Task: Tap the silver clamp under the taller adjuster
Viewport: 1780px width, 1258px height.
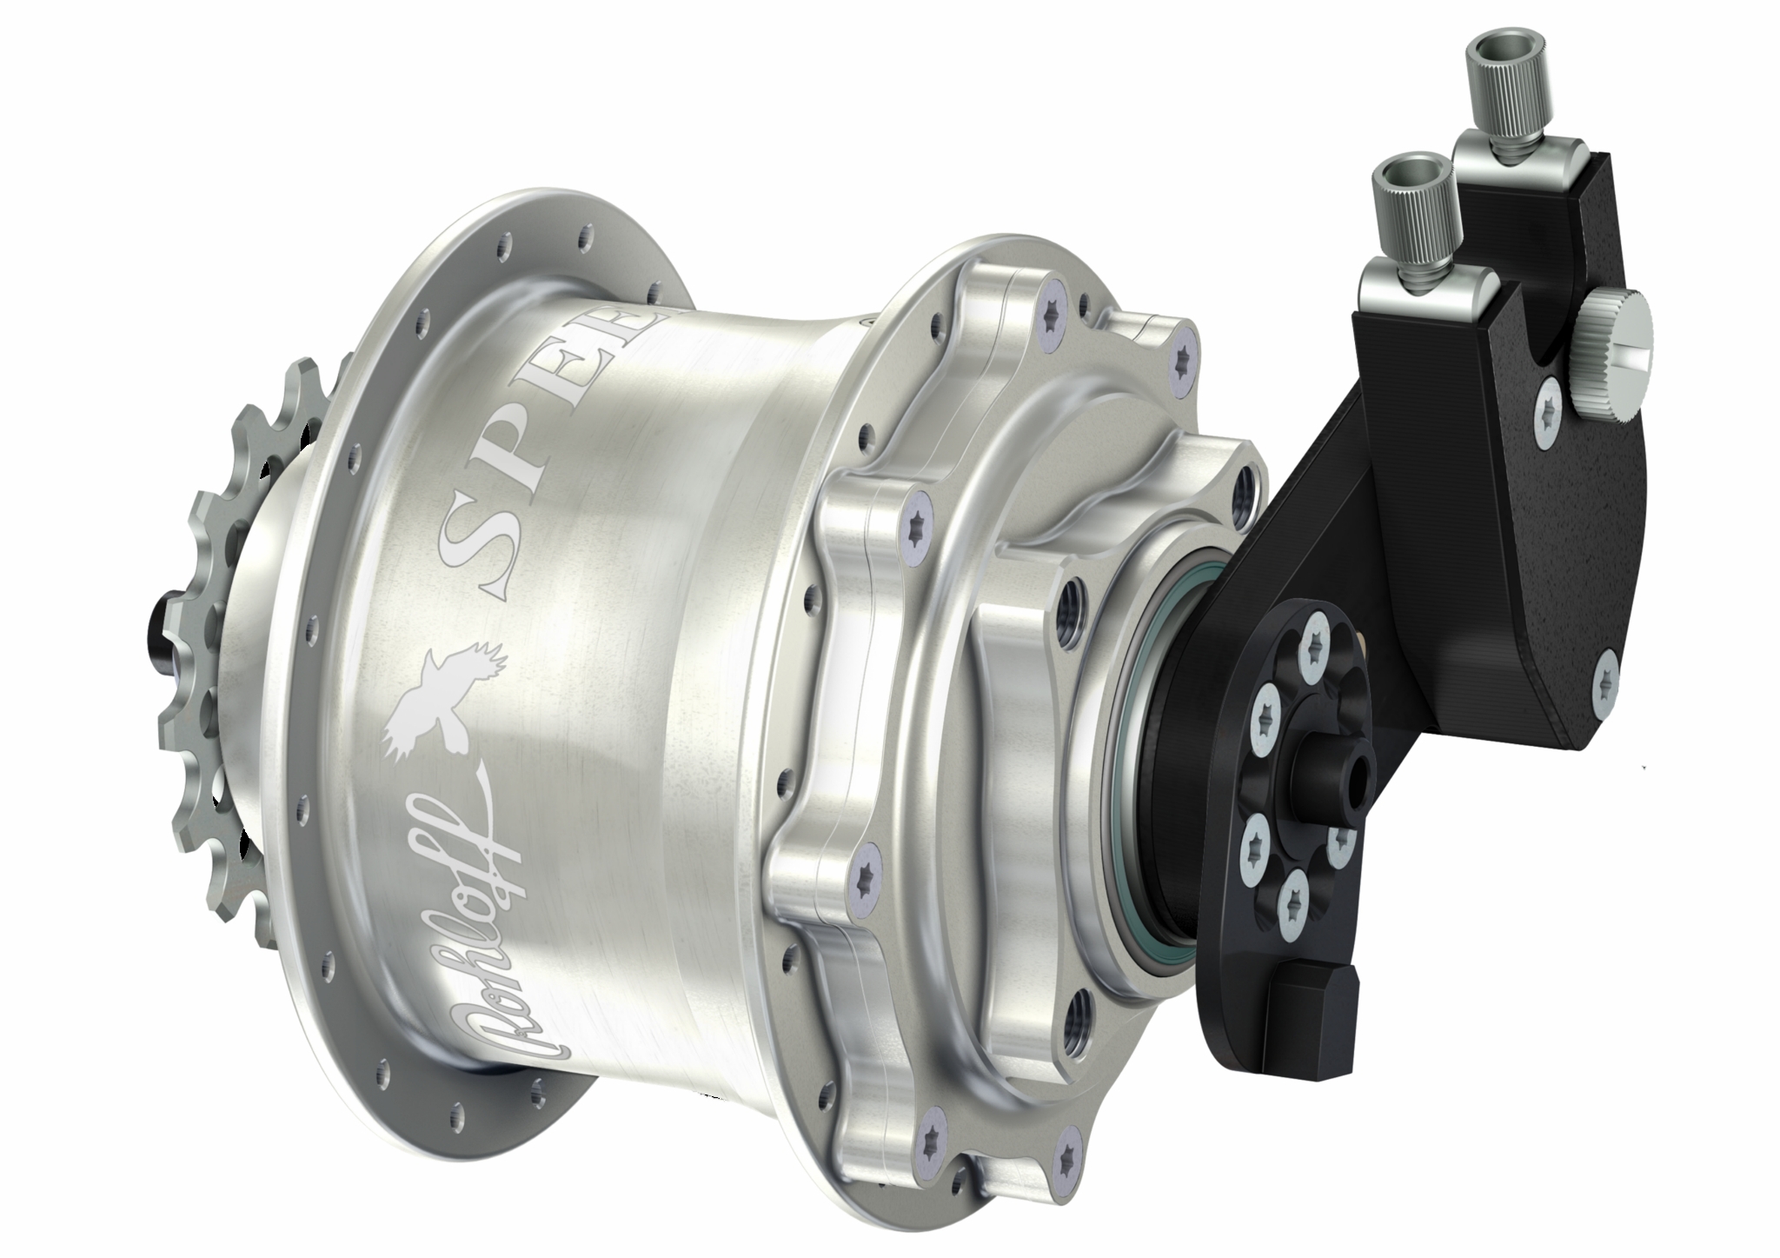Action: (x=1496, y=148)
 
